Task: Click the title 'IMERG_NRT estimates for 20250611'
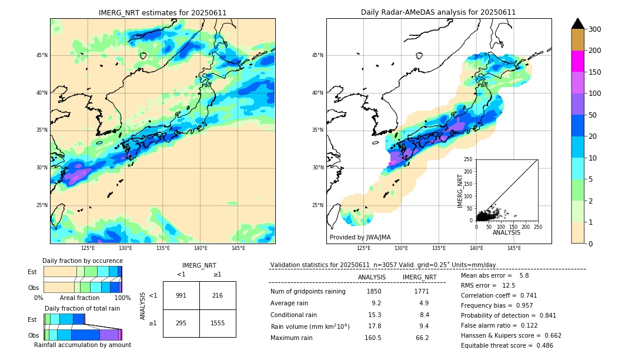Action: (x=162, y=12)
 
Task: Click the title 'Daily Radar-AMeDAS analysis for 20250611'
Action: (x=439, y=12)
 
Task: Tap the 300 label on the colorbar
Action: (x=595, y=29)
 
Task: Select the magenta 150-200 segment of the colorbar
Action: (x=577, y=61)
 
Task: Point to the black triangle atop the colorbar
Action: (x=577, y=24)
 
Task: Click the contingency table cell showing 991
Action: (x=181, y=295)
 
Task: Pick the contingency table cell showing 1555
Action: (x=218, y=323)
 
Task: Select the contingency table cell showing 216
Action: (x=218, y=295)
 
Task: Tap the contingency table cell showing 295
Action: (x=181, y=323)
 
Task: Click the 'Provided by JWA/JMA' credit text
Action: (x=360, y=237)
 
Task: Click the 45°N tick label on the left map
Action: (x=42, y=55)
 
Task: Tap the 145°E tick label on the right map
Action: (x=514, y=248)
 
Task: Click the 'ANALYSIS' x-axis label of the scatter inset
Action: (x=506, y=232)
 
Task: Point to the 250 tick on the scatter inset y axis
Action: (x=469, y=159)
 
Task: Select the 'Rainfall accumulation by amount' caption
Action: (x=82, y=345)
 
